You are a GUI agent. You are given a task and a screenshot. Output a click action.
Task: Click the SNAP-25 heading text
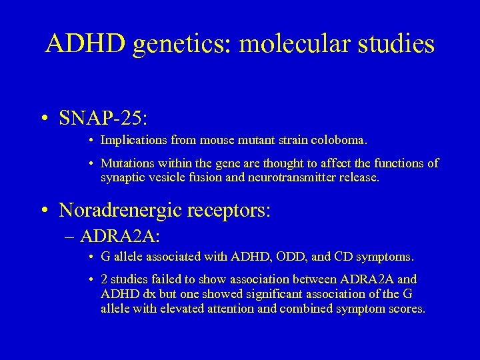click(x=103, y=118)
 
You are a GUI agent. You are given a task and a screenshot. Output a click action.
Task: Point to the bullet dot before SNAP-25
click(x=43, y=119)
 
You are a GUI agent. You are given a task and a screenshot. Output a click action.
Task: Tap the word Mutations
click(x=126, y=163)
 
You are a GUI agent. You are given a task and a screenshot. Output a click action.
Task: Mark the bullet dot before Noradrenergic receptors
click(x=43, y=211)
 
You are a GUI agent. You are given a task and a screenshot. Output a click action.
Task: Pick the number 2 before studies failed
click(x=104, y=279)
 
